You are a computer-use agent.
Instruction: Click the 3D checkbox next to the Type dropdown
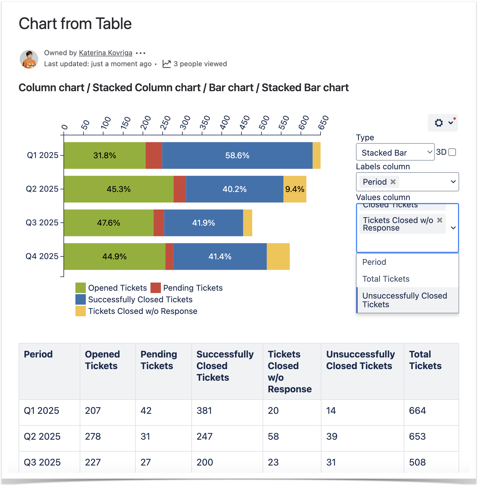[452, 152]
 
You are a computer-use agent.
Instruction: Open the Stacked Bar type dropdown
[395, 152]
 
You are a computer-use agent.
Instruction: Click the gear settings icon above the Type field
[439, 123]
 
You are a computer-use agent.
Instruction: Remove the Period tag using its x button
[393, 182]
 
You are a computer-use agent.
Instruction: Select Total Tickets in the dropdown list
[386, 279]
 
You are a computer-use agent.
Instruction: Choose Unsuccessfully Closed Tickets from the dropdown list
[405, 300]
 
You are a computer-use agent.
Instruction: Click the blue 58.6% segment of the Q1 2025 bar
[237, 155]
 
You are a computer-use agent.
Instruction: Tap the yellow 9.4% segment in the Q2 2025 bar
[294, 189]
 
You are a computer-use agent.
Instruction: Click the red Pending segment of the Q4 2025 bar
[169, 256]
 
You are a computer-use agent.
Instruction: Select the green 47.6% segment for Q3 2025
[108, 223]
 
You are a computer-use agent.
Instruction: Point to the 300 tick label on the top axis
[185, 123]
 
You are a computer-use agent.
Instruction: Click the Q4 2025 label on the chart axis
[42, 256]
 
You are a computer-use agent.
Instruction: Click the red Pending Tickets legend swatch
[156, 288]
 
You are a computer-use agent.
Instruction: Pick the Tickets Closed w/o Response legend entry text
[143, 311]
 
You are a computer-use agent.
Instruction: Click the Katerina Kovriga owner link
[106, 53]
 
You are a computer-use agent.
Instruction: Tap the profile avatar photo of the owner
[29, 59]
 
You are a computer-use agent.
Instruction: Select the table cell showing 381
[204, 411]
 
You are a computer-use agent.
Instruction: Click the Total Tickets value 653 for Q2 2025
[417, 436]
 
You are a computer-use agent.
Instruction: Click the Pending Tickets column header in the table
[159, 360]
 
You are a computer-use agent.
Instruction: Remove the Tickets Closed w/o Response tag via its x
[440, 220]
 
